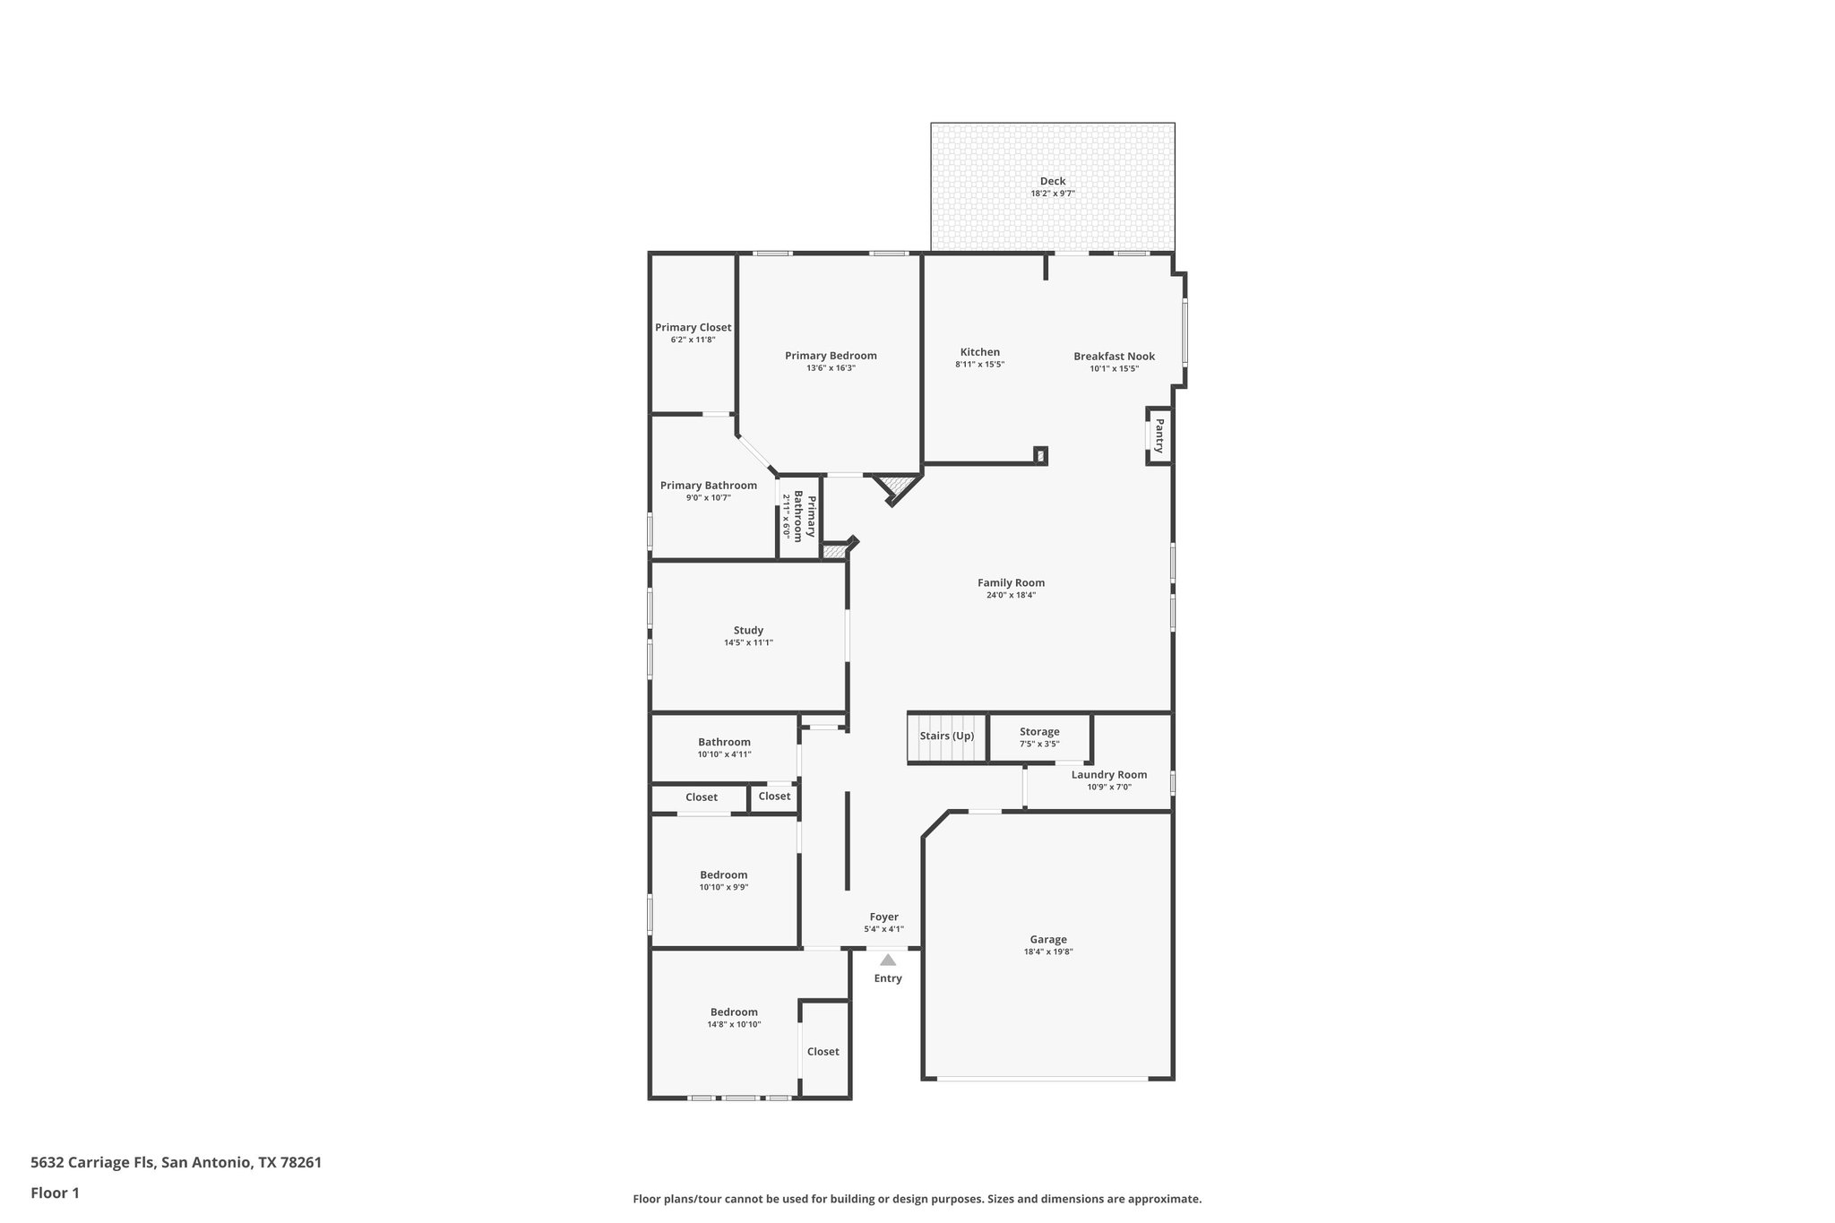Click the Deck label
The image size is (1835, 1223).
pyautogui.click(x=1053, y=182)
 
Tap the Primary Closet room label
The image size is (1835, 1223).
pyautogui.click(x=693, y=328)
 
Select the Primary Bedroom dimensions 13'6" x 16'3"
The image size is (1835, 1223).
pyautogui.click(x=831, y=368)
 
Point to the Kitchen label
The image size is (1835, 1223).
pyautogui.click(x=979, y=352)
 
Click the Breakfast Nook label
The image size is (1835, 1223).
pyautogui.click(x=1114, y=357)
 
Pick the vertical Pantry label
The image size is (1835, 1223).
pyautogui.click(x=1159, y=435)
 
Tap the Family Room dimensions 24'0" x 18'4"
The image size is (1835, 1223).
pyautogui.click(x=1011, y=595)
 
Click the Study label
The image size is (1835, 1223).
pyautogui.click(x=748, y=631)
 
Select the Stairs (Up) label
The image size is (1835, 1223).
pyautogui.click(x=946, y=736)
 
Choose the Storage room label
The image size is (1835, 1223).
pyautogui.click(x=1039, y=732)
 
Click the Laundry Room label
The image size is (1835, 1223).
pyautogui.click(x=1108, y=775)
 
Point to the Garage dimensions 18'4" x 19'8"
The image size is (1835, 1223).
pyautogui.click(x=1047, y=952)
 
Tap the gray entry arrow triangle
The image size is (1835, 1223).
pyautogui.click(x=888, y=960)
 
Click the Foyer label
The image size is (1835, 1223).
pyautogui.click(x=883, y=917)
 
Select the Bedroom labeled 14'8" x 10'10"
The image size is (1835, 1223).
pyautogui.click(x=734, y=1012)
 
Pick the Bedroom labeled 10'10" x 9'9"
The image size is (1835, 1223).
pyautogui.click(x=723, y=875)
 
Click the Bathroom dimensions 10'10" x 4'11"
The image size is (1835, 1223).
pyautogui.click(x=724, y=754)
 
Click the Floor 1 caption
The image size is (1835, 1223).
pyautogui.click(x=55, y=1193)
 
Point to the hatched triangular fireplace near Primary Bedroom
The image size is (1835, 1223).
pyautogui.click(x=894, y=487)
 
